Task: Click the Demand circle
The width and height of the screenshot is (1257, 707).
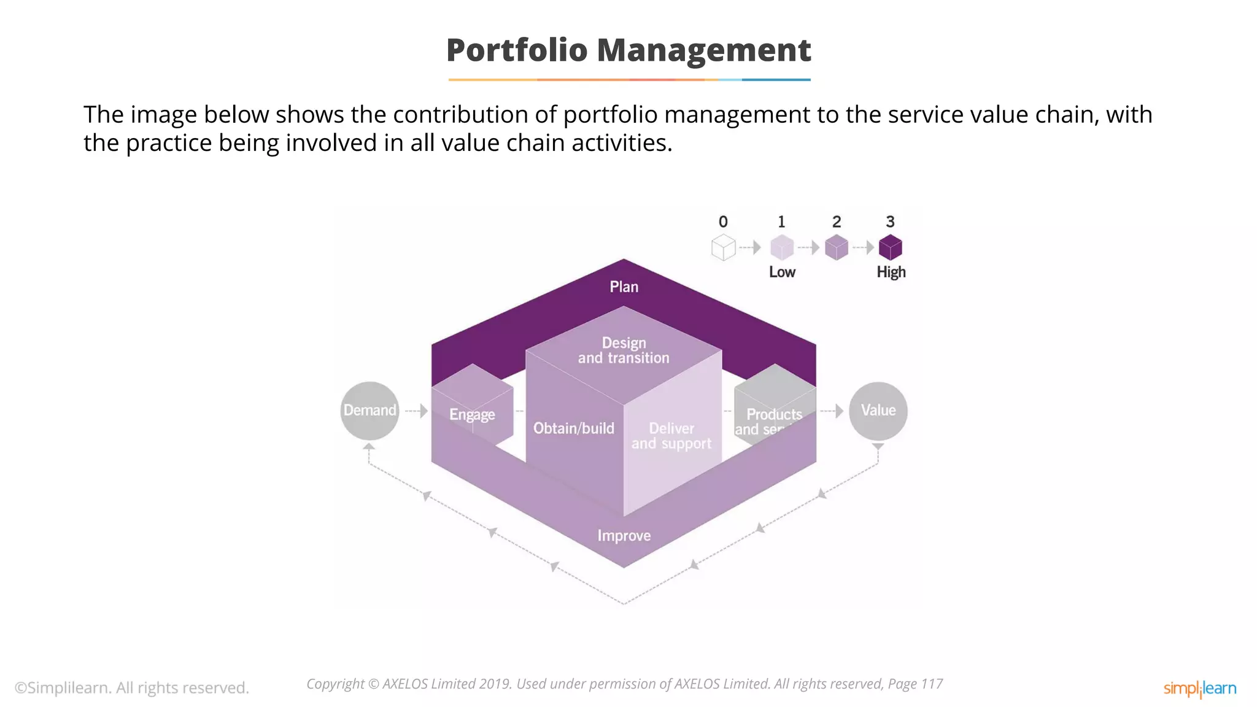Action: click(369, 411)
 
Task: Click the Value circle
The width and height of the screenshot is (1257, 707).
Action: click(878, 411)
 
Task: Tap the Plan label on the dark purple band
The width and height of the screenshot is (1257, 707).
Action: click(624, 287)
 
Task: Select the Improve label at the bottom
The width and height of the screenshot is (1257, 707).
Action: click(624, 536)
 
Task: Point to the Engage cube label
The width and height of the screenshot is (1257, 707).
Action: click(472, 414)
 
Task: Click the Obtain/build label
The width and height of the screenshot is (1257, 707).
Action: click(573, 428)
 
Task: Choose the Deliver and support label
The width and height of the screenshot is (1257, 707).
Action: click(671, 436)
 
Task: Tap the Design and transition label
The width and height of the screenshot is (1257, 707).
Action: click(624, 350)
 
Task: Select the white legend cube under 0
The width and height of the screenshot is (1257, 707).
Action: click(723, 248)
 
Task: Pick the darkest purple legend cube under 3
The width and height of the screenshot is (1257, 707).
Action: click(890, 247)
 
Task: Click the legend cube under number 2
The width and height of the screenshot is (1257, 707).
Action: click(836, 247)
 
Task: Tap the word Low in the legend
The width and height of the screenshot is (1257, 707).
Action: click(782, 272)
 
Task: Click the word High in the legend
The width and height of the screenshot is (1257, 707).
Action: click(891, 272)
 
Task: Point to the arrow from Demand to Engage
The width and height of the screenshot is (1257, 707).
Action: click(416, 411)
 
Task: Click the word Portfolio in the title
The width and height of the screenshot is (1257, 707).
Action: click(517, 50)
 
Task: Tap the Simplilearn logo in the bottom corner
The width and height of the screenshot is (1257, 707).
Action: click(1199, 689)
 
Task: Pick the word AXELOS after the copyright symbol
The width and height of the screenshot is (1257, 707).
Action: click(405, 684)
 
